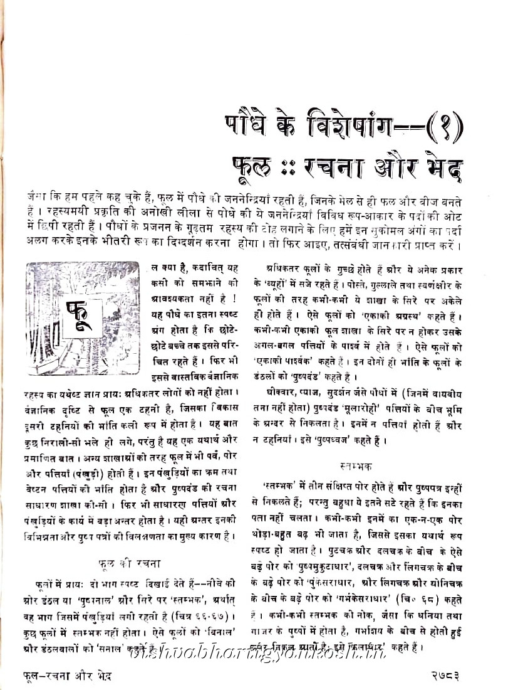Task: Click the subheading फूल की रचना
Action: pyautogui.click(x=130, y=563)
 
